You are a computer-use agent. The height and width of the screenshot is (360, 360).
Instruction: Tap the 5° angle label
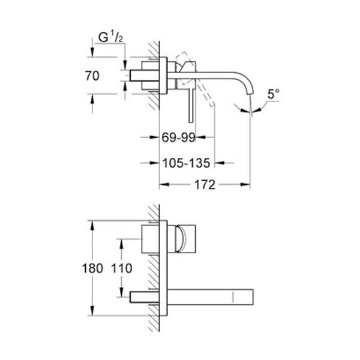click(274, 94)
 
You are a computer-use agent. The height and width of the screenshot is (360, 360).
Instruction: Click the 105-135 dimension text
click(186, 162)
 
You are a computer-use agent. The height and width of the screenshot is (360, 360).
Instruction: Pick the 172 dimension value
click(205, 185)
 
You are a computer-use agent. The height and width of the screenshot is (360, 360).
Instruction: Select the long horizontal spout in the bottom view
click(210, 296)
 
